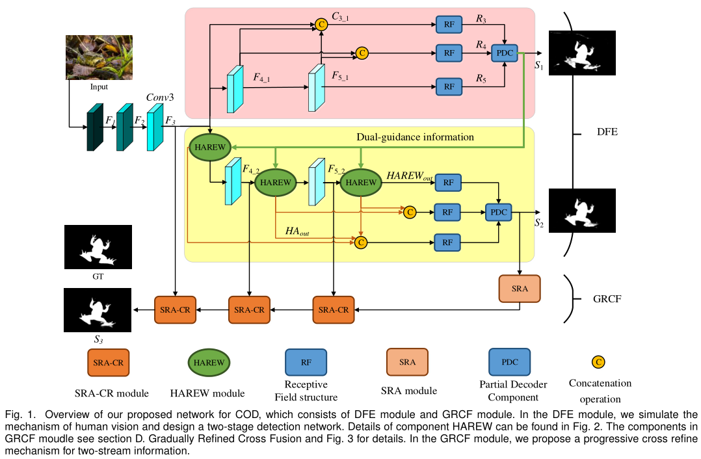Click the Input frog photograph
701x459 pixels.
pos(99,57)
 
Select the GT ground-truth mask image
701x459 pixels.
pos(98,247)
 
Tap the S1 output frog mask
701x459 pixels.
pos(581,53)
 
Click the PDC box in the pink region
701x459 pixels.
pos(505,52)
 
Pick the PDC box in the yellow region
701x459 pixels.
pos(498,211)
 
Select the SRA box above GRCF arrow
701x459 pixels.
pos(519,288)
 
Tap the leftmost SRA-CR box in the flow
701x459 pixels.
pos(175,309)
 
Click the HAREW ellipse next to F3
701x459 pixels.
pos(210,148)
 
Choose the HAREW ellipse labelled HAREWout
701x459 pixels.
pos(360,183)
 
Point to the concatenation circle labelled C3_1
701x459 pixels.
pos(321,24)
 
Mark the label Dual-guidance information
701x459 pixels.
pos(415,137)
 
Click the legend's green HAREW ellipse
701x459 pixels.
pos(209,363)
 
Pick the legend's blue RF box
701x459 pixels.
pos(306,362)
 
